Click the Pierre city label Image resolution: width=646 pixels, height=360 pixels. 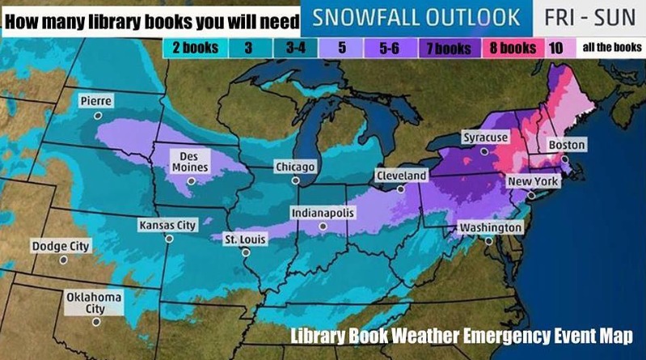point(96,101)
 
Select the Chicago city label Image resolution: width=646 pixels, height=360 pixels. point(294,167)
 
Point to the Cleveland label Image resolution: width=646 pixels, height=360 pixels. point(401,176)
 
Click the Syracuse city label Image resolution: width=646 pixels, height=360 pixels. point(485,138)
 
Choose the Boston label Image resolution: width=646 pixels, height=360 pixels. point(566,145)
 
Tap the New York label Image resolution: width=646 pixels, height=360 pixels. point(533,182)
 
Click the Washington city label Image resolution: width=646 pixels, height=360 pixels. point(491,228)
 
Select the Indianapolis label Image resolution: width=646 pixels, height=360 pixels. point(323,213)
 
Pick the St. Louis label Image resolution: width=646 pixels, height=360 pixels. point(246,239)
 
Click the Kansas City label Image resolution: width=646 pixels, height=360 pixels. point(168,225)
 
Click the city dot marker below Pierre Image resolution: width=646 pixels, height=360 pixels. point(97,116)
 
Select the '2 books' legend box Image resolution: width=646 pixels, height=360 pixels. point(195,48)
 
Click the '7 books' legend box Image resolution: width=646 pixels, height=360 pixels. point(449,48)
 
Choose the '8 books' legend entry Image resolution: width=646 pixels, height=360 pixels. point(513,48)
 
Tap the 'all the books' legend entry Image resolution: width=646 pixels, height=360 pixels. point(612,48)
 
